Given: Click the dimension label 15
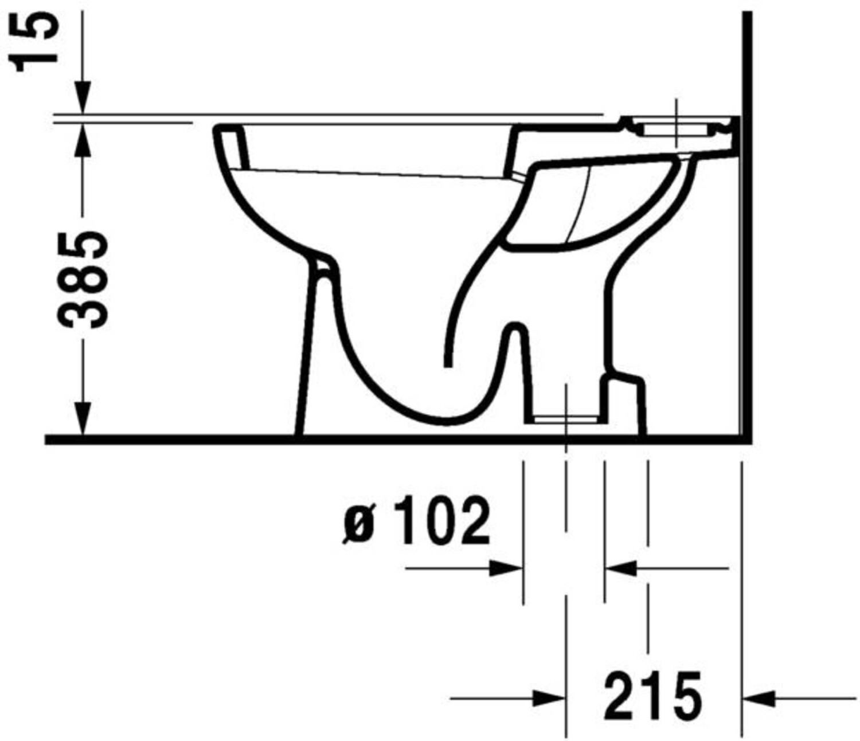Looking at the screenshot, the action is click(36, 42).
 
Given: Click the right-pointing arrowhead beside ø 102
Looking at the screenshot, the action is click(506, 568).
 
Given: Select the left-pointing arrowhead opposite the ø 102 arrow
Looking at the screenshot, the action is click(621, 568).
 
